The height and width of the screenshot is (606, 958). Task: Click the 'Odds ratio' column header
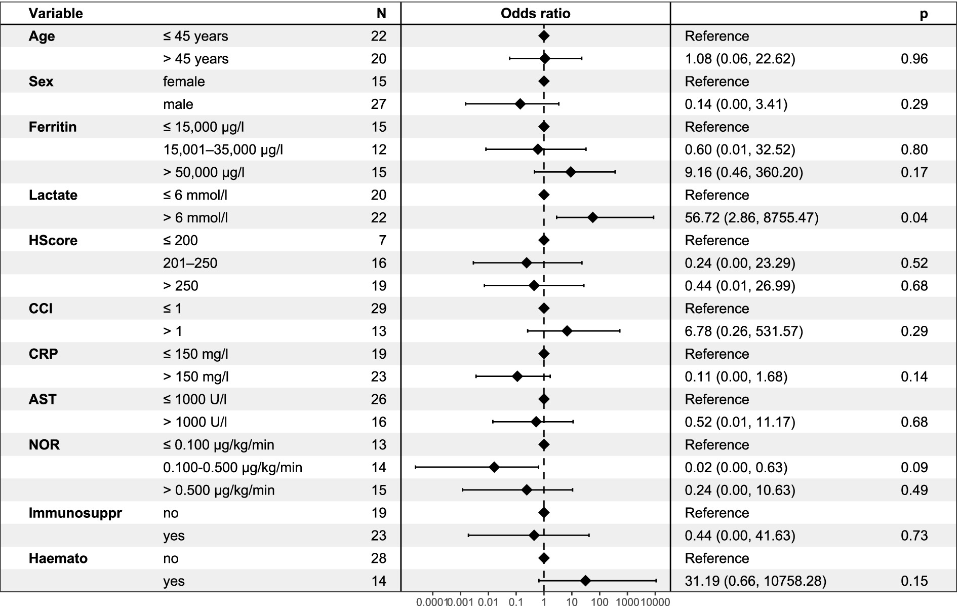coord(535,13)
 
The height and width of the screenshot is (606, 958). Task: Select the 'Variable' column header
coord(56,13)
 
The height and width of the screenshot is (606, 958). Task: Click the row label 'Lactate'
coord(53,195)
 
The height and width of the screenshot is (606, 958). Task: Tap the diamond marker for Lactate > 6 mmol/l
coord(592,217)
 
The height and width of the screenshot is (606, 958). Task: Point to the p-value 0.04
coord(914,218)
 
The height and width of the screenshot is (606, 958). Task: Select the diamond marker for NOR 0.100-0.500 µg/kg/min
coord(494,467)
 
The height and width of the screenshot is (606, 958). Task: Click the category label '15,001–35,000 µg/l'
coord(223,149)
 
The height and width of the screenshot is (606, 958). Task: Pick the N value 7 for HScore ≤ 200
coord(382,240)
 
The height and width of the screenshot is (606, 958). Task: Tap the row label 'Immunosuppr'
coord(75,513)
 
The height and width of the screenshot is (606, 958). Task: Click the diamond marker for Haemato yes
coord(585,581)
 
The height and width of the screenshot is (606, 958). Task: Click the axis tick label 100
coord(600,602)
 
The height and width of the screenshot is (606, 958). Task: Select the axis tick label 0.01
coord(488,602)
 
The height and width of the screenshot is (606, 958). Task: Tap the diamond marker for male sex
coord(520,104)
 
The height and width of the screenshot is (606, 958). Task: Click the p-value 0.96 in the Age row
coord(914,59)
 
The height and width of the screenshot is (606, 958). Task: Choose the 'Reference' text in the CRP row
coord(716,354)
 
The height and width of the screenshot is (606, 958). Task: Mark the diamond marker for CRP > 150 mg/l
coord(517,376)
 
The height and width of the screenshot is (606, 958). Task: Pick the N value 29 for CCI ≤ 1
coord(378,309)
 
